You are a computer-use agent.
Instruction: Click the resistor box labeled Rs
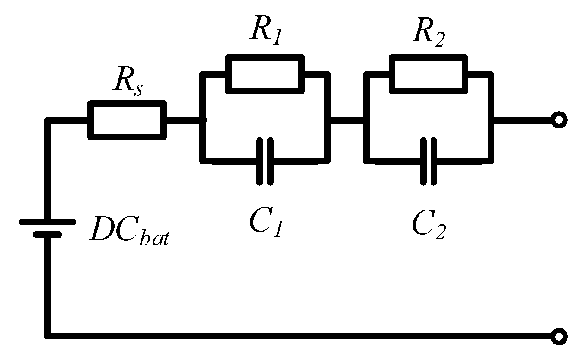point(127,120)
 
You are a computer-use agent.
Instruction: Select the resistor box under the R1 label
point(265,74)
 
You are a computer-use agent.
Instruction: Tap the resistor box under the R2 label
point(428,74)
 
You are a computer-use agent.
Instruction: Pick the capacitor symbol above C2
point(429,161)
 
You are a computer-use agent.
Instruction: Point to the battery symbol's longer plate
point(48,222)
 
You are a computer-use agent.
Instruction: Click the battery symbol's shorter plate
point(48,235)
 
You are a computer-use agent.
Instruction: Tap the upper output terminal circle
point(559,120)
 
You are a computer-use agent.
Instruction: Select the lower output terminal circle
point(559,336)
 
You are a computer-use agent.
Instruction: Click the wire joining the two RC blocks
point(347,120)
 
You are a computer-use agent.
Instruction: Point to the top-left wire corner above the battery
point(48,121)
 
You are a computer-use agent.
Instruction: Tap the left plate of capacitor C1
point(260,161)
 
